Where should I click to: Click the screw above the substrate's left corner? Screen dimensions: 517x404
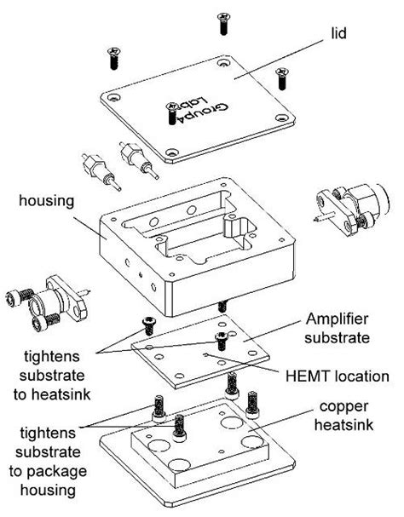[x=146, y=324]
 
